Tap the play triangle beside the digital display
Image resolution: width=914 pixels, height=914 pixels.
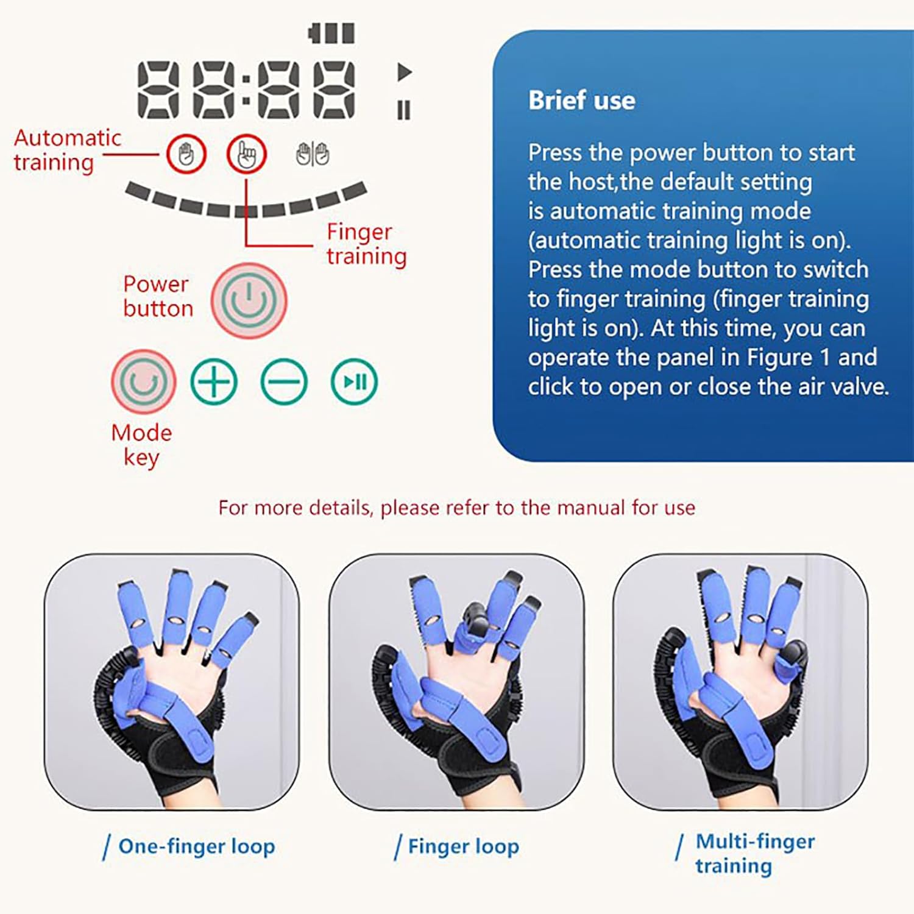click(x=404, y=72)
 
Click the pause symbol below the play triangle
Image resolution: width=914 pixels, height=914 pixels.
click(x=404, y=110)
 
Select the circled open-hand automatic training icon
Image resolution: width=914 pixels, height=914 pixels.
click(x=186, y=154)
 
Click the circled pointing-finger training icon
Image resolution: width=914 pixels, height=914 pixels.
click(x=247, y=154)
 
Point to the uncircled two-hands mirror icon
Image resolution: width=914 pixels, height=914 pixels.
click(x=313, y=154)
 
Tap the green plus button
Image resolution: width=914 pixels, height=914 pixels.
click(x=214, y=382)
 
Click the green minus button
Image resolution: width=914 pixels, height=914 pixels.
click(x=284, y=382)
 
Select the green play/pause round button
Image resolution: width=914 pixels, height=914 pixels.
click(x=354, y=382)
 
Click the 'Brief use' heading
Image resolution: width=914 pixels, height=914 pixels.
click(x=581, y=101)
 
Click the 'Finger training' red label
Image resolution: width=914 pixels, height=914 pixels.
click(x=366, y=244)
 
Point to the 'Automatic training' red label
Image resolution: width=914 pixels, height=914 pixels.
click(x=67, y=150)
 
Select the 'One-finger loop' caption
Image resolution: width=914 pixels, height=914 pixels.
click(x=196, y=846)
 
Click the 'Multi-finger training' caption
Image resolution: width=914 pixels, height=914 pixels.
click(x=754, y=853)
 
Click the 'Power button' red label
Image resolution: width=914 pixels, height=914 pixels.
click(x=158, y=296)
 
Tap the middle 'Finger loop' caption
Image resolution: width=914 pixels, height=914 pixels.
click(x=463, y=846)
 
